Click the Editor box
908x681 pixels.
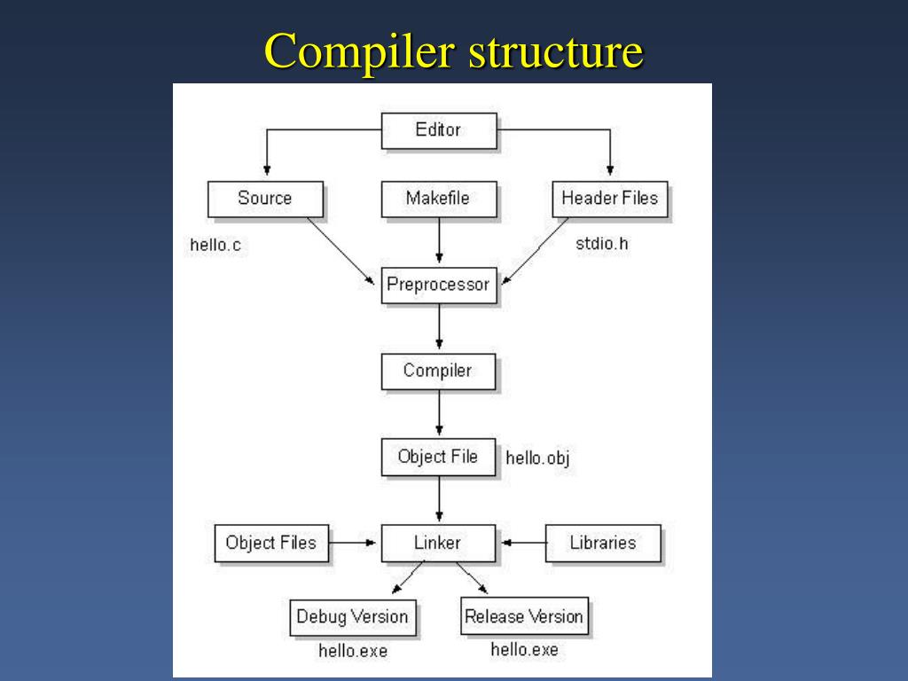click(x=438, y=130)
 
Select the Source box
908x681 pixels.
click(x=264, y=199)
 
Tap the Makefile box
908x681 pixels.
click(x=438, y=199)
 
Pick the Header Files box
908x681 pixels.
click(x=609, y=199)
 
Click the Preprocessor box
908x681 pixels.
click(x=438, y=285)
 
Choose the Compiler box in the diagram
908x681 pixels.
click(x=438, y=371)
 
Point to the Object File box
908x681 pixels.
click(x=438, y=457)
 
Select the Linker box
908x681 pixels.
click(x=438, y=543)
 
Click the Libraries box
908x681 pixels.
click(x=602, y=543)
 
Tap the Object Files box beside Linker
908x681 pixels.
click(x=270, y=543)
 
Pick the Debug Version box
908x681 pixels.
click(x=352, y=617)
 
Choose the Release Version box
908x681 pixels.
click(x=524, y=616)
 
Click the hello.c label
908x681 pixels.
click(x=215, y=246)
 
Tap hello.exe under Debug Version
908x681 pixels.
click(x=353, y=651)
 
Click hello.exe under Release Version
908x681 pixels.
click(x=524, y=650)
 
